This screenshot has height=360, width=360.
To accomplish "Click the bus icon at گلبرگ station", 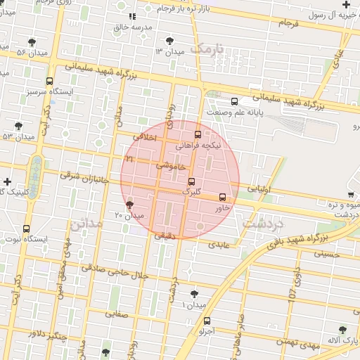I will tap(191, 181).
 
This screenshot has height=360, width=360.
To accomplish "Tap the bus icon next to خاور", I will tap(223, 198).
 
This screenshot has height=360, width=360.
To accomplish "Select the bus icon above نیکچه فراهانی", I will tap(197, 134).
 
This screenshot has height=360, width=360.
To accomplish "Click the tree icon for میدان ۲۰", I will tap(129, 205).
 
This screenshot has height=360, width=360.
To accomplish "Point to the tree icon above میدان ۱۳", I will tap(169, 41).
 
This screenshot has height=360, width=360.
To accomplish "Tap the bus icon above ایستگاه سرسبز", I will tap(49, 81).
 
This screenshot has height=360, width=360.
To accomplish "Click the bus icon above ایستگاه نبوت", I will tap(27, 229).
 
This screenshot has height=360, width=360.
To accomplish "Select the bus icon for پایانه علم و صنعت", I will tap(235, 101).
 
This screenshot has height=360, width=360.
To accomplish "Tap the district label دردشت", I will tap(262, 223).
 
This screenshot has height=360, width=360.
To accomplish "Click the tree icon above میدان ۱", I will tap(194, 294).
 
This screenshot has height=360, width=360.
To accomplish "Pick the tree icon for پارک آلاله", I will tap(342, 329).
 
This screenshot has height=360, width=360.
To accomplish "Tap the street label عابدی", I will tap(218, 243).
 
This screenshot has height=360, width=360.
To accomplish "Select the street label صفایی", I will tap(117, 314).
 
